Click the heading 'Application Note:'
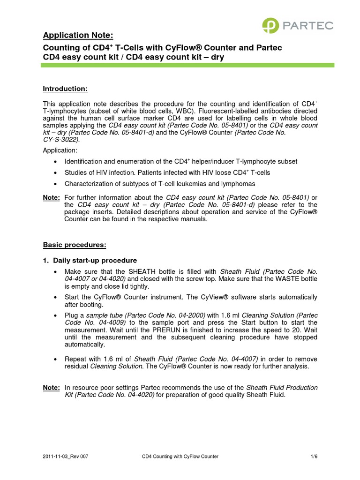tap(78, 36)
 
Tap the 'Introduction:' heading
tap(65, 89)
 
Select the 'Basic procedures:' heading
tap(75, 245)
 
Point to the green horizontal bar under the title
tap(187, 66)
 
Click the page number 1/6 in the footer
tap(314, 456)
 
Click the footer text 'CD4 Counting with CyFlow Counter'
tap(180, 456)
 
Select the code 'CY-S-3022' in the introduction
tap(61, 140)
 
